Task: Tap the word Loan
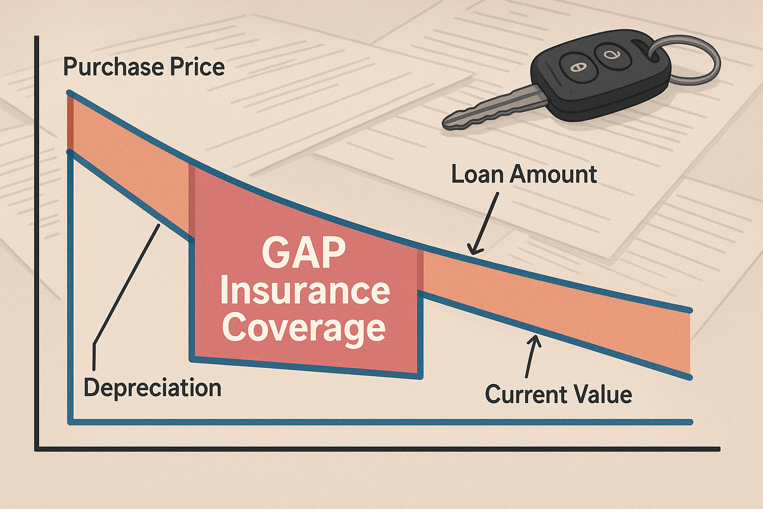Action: click(477, 174)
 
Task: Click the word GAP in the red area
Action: click(304, 253)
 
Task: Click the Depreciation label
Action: click(152, 387)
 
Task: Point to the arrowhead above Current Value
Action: click(535, 341)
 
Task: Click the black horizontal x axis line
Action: click(378, 449)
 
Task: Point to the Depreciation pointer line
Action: click(124, 288)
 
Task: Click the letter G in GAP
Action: click(275, 253)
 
